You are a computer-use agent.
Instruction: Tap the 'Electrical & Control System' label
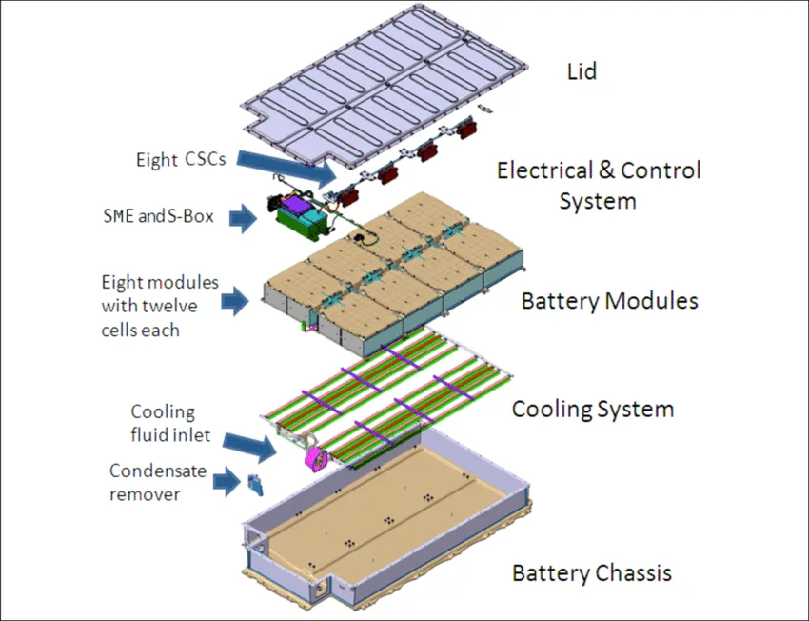pos(599,186)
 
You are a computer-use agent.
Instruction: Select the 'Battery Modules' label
pos(609,302)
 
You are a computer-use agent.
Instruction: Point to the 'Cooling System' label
pos(592,411)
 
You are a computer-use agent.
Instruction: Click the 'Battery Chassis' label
pos(592,573)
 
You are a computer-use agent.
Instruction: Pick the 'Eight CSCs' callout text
pos(181,159)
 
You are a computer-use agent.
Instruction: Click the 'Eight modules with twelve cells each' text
pos(159,306)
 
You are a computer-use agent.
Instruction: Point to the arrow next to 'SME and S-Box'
pos(244,219)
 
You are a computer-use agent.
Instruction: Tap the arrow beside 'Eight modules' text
pos(235,303)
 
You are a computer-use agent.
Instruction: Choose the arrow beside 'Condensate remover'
pos(226,483)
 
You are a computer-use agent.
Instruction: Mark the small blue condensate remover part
pos(255,485)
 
